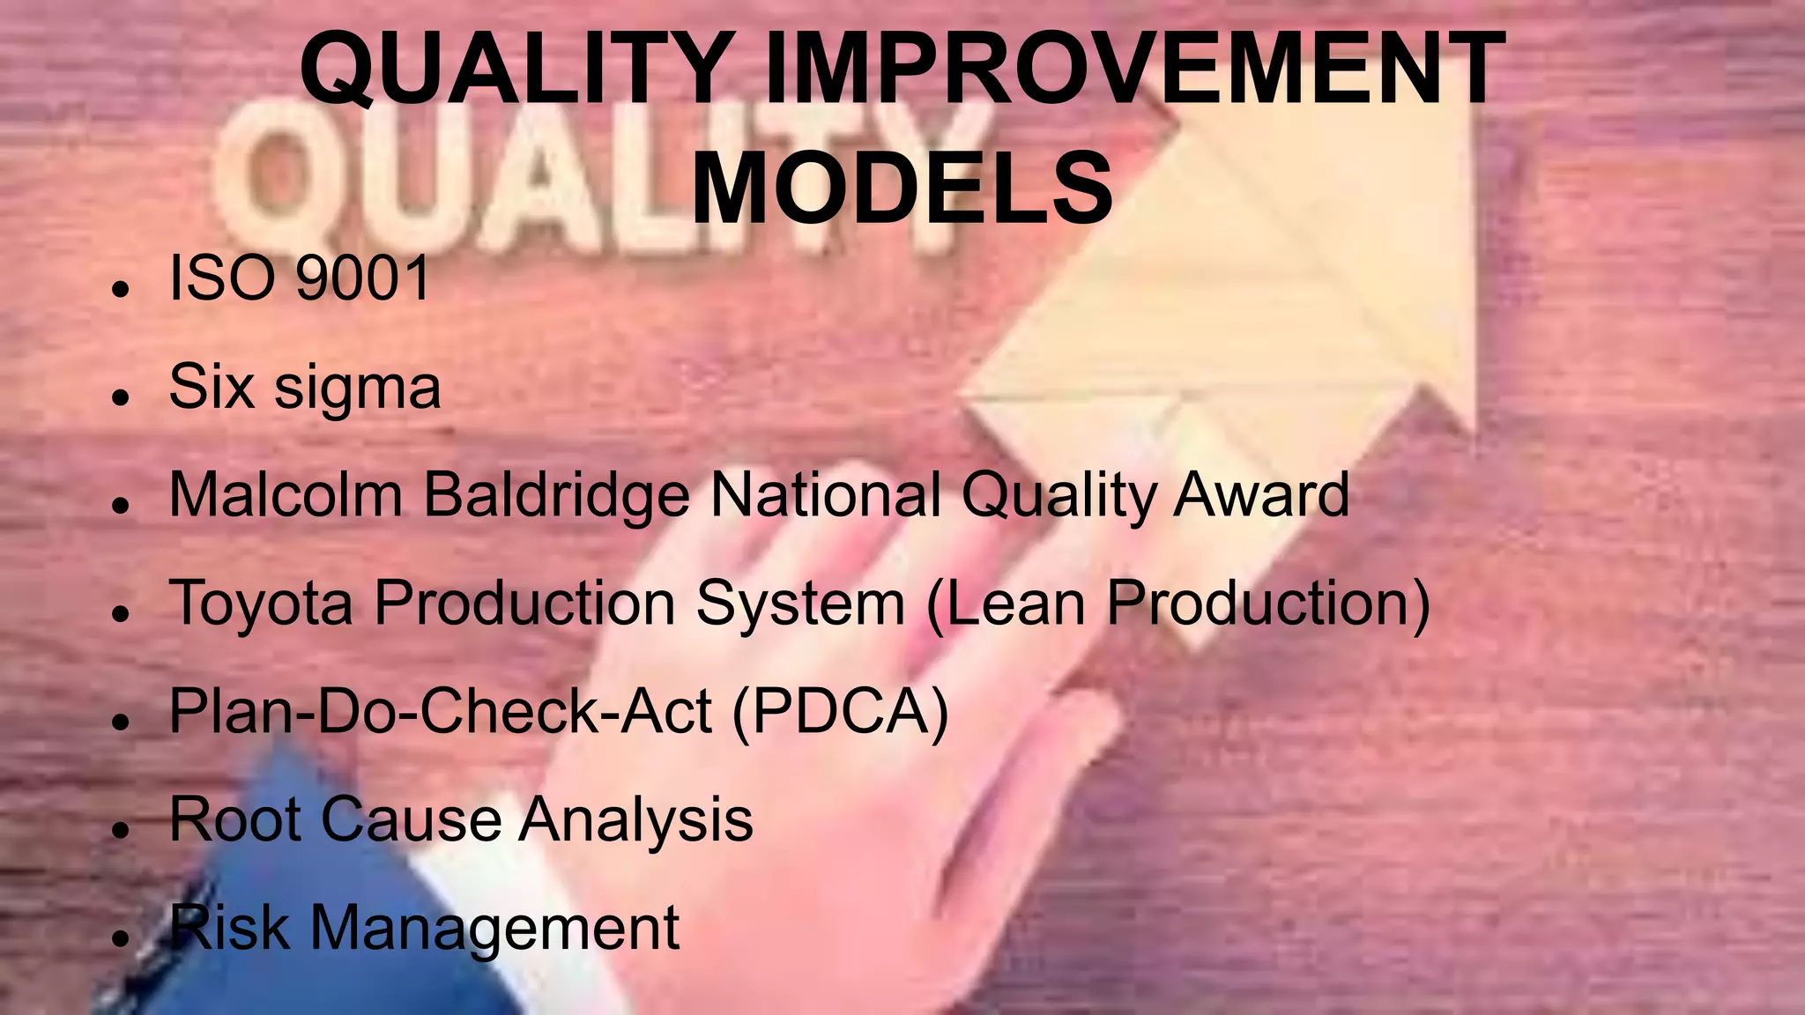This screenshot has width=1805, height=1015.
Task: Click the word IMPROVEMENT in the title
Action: [x=1134, y=69]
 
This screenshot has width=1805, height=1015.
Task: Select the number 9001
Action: [x=362, y=278]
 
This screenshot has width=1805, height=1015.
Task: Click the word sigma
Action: [x=357, y=389]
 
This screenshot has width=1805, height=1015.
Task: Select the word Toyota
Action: [x=261, y=604]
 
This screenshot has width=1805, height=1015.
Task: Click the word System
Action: [x=800, y=604]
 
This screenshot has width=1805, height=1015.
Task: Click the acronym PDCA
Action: [x=840, y=712]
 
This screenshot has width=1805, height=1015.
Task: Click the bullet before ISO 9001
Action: [x=122, y=289]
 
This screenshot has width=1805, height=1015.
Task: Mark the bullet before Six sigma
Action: [x=122, y=397]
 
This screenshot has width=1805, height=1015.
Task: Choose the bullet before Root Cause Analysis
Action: [x=122, y=830]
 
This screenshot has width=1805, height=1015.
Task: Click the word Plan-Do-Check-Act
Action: [x=440, y=712]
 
